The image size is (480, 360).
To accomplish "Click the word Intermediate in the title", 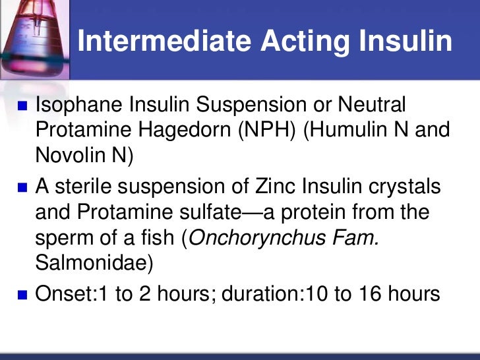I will click(163, 41).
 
